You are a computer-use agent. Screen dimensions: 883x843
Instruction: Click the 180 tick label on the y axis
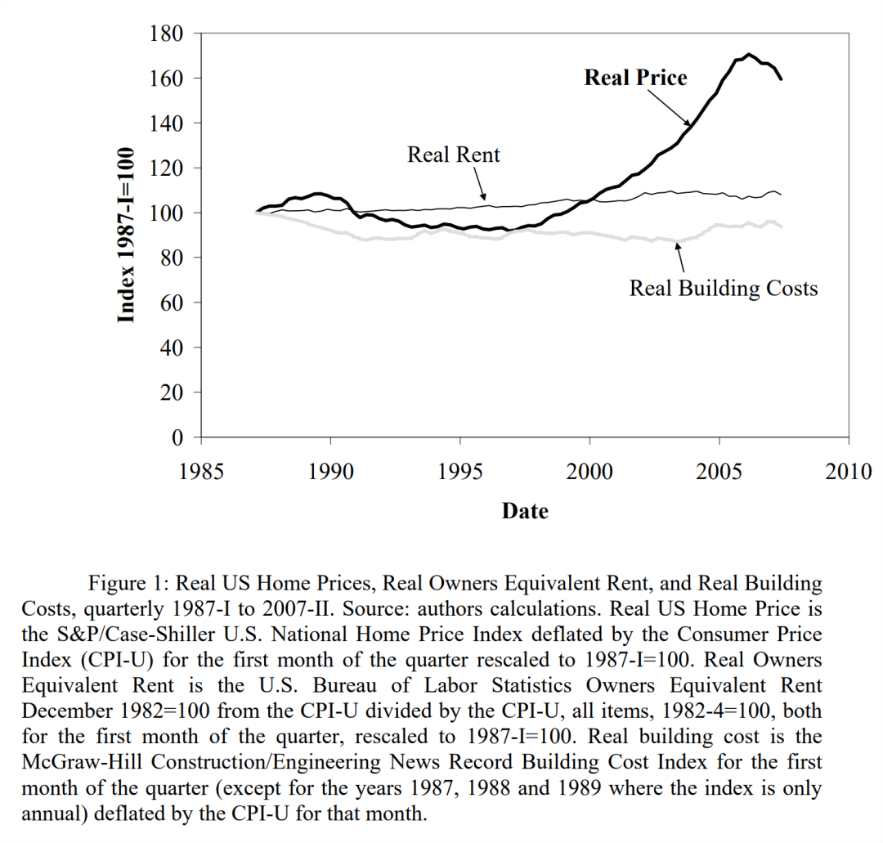coord(166,34)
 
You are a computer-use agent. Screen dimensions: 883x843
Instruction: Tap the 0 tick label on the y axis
coord(177,437)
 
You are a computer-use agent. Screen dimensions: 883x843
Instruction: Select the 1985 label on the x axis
coord(201,471)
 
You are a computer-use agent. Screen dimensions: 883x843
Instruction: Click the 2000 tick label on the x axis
coord(589,471)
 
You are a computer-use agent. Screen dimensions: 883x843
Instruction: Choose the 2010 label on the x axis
coord(849,471)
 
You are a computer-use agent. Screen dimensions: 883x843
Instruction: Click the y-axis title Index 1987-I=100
coord(126,235)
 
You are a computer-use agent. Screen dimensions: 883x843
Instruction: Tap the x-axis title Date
coord(525,511)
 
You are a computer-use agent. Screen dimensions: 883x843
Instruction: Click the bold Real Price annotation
coord(636,78)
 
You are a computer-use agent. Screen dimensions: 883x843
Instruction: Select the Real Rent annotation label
coord(453,155)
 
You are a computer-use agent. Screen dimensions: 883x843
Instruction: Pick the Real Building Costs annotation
coord(724,289)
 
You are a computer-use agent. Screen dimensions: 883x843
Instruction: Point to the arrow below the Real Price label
coord(669,108)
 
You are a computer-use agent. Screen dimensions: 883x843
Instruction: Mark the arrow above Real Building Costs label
coord(680,258)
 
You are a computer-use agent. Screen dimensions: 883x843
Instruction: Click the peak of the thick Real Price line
coord(748,55)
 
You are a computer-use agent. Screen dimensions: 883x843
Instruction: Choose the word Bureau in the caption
coord(345,685)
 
